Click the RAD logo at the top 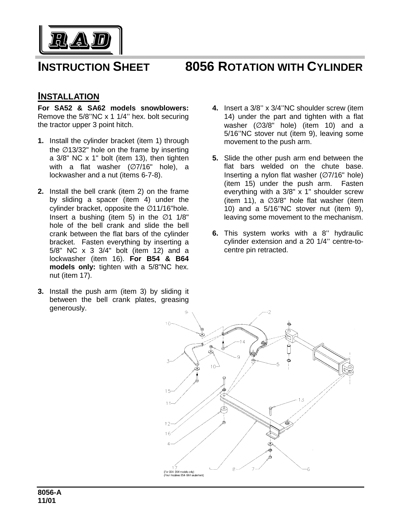click(x=81, y=40)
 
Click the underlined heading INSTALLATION click(x=68, y=96)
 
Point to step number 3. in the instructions click(x=41, y=292)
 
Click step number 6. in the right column click(x=215, y=233)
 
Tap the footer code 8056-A click(x=49, y=493)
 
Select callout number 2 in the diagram click(x=270, y=312)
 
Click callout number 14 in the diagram click(x=242, y=342)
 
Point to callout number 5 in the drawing click(x=278, y=365)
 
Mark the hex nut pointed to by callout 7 click(x=270, y=457)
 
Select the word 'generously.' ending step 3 click(x=68, y=308)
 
